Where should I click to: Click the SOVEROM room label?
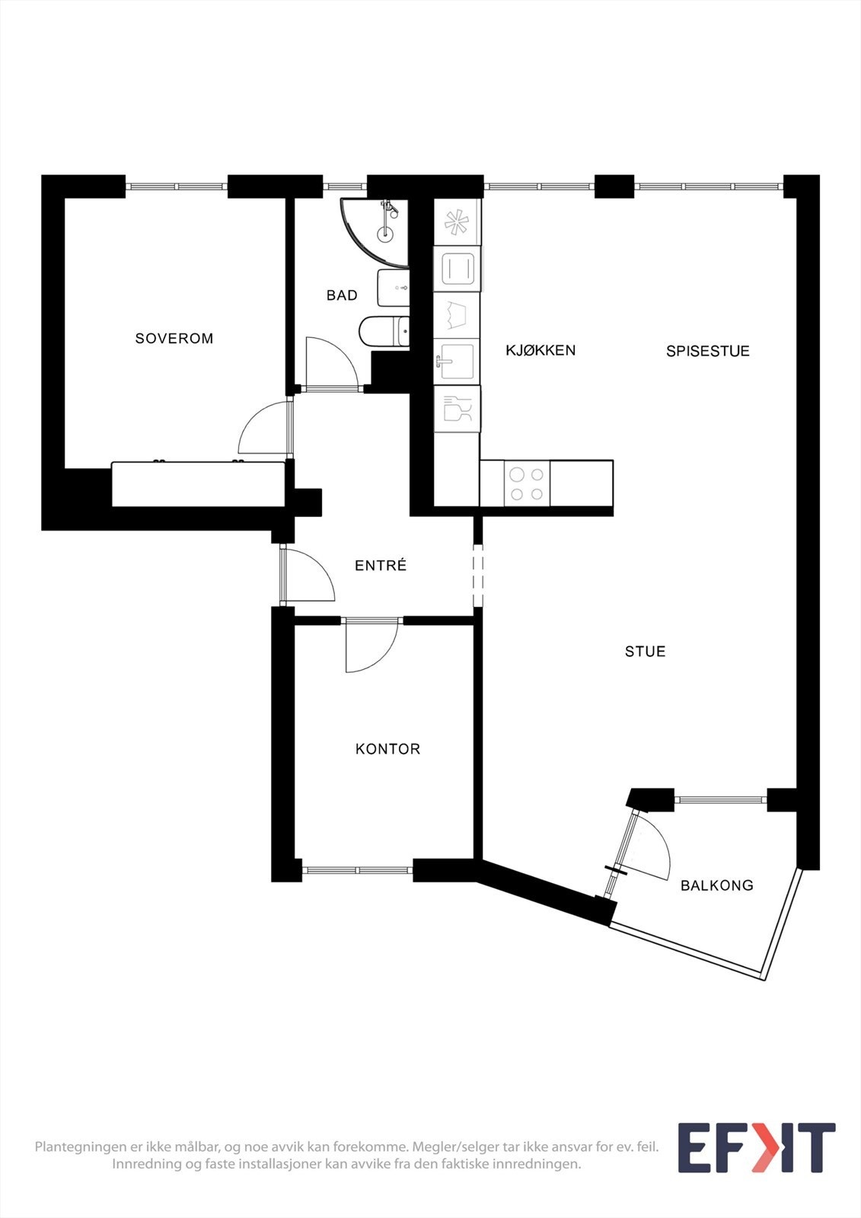click(x=174, y=338)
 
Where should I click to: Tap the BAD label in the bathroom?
click(x=342, y=295)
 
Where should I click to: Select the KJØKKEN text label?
click(x=541, y=350)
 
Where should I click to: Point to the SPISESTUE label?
click(x=708, y=351)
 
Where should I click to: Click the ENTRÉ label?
click(x=381, y=566)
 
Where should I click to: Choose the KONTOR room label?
click(x=387, y=749)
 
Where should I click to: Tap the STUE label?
click(x=645, y=652)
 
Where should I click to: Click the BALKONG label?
click(x=716, y=885)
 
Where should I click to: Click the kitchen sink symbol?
click(x=457, y=362)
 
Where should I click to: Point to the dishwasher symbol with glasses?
click(x=457, y=410)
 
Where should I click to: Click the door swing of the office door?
click(x=371, y=647)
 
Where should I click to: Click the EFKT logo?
click(x=756, y=1148)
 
